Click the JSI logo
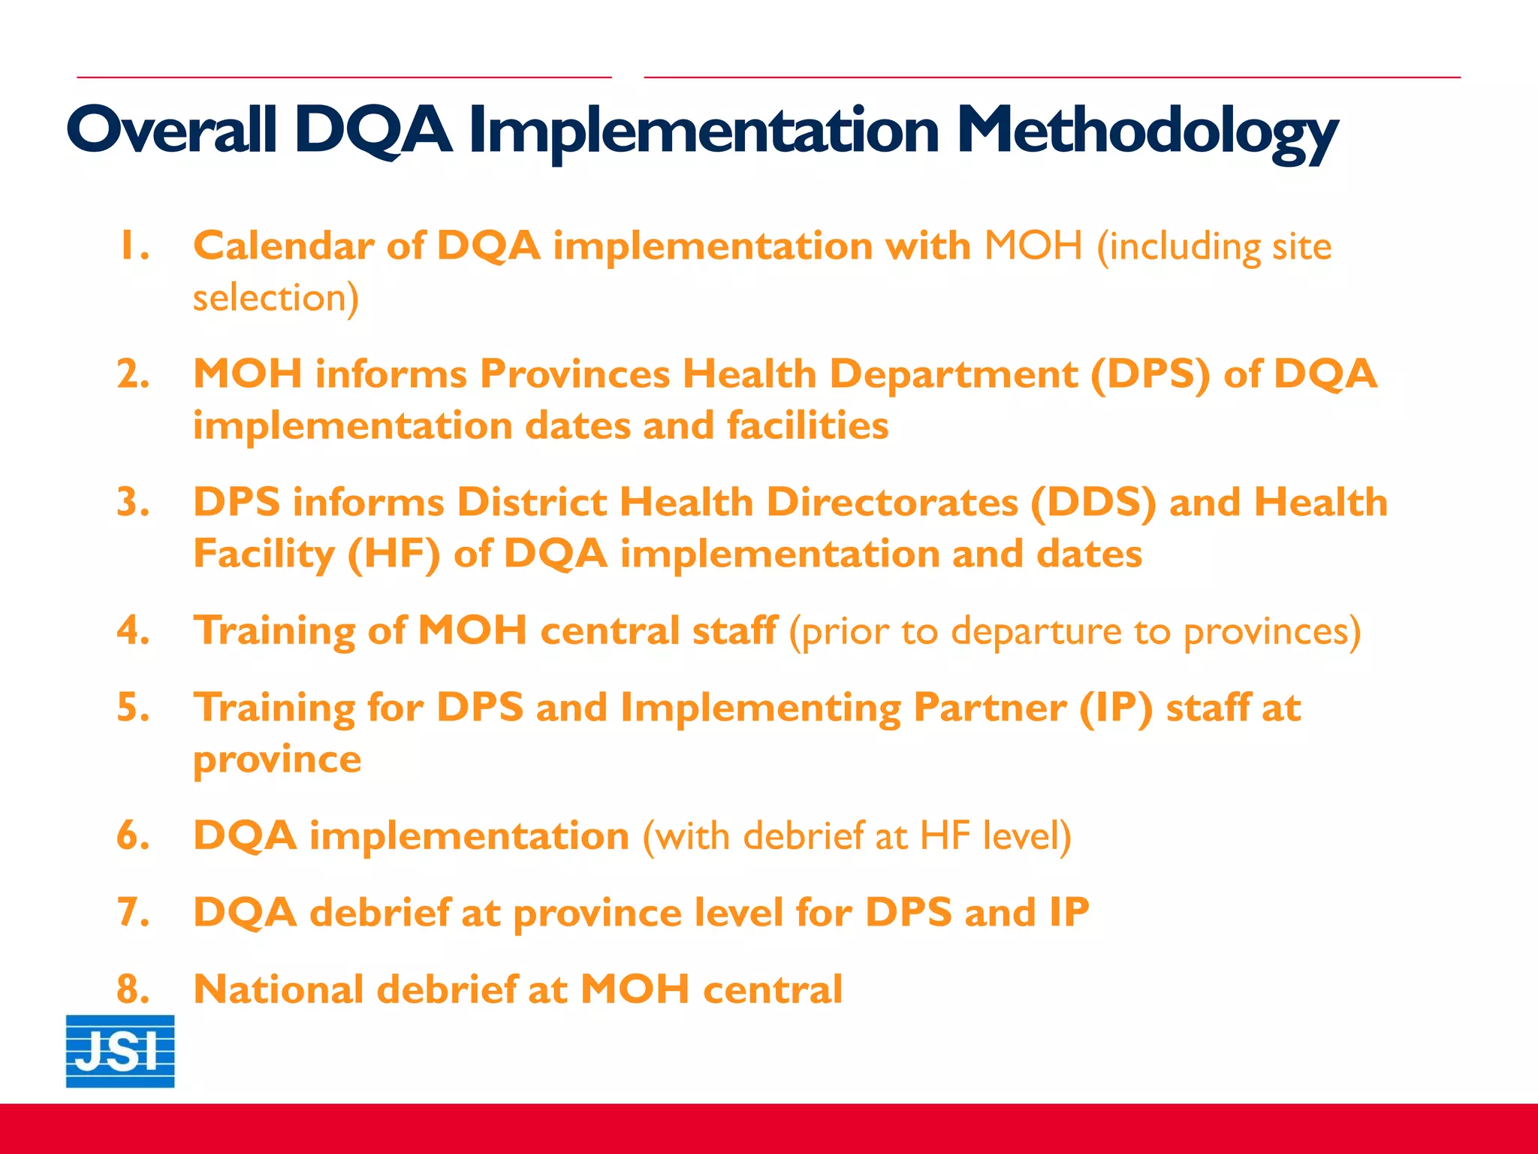coord(120,1050)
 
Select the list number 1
coord(133,246)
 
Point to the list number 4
coord(133,630)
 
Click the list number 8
coord(133,989)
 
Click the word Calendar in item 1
coord(283,246)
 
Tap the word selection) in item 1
coord(276,298)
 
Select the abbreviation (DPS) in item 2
coord(1150,374)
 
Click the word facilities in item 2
coord(807,426)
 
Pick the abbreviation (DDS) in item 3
coord(1093,503)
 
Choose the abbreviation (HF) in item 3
coord(394,554)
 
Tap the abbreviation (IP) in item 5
coord(1115,708)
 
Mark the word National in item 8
coord(279,989)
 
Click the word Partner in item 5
coord(989,708)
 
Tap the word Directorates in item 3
coord(891,503)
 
